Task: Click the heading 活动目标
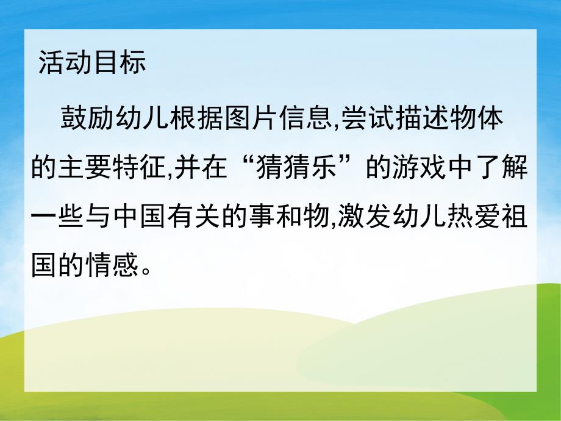[92, 63]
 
